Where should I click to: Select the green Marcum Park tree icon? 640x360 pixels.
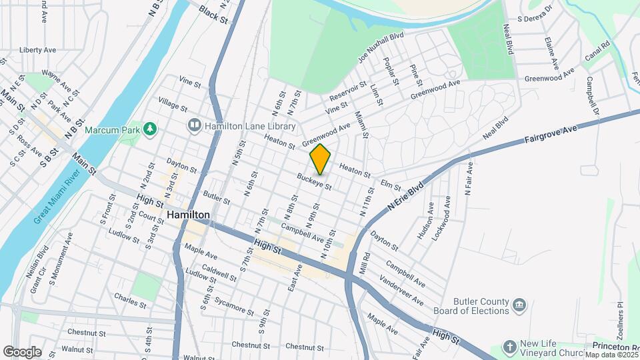151,127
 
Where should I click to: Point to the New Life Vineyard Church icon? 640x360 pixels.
510,347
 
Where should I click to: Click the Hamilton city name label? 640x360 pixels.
189,215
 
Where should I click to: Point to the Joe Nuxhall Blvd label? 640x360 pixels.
381,48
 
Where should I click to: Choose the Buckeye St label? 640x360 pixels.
314,181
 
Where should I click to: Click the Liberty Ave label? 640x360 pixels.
38,50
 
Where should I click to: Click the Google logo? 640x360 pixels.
22,351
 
